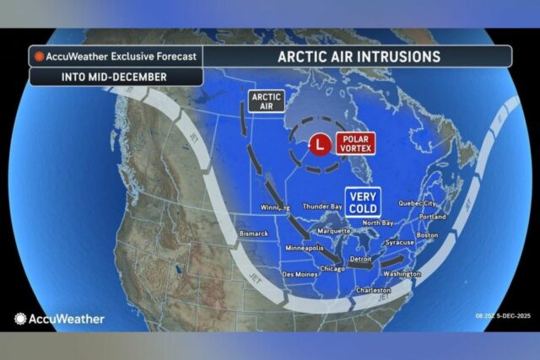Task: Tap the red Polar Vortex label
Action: pos(353,144)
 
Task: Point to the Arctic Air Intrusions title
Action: pos(359,56)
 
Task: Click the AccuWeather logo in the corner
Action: pos(59,319)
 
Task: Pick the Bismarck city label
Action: pos(254,233)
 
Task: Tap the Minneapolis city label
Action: pos(305,249)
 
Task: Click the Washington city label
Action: pos(402,274)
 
